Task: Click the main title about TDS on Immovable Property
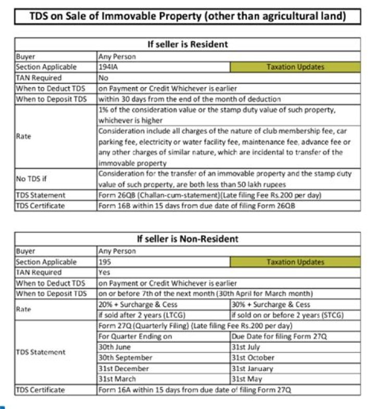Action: click(x=187, y=16)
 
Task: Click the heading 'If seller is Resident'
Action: click(x=187, y=44)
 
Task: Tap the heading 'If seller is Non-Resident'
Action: click(x=187, y=239)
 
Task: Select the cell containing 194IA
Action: click(x=164, y=67)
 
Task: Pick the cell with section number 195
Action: click(x=164, y=262)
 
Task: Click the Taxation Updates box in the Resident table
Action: click(x=295, y=67)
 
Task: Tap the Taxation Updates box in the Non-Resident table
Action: click(x=295, y=262)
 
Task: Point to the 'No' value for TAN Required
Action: click(x=228, y=78)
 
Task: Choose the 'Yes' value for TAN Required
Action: click(x=228, y=272)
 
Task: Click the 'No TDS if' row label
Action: click(x=56, y=179)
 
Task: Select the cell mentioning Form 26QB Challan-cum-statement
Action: click(x=228, y=195)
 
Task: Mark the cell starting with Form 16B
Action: click(x=228, y=205)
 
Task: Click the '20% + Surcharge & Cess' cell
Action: click(x=164, y=304)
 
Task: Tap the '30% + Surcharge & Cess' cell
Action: click(x=295, y=304)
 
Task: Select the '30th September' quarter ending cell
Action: click(x=164, y=358)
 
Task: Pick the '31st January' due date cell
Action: click(x=295, y=368)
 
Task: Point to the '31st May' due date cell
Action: click(x=295, y=379)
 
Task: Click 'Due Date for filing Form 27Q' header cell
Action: click(x=295, y=337)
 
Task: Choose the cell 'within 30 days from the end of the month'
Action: click(x=228, y=99)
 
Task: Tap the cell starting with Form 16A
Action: click(x=228, y=390)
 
